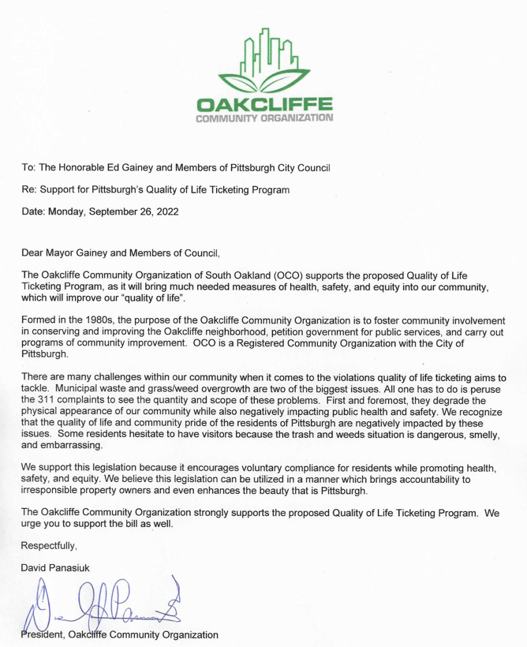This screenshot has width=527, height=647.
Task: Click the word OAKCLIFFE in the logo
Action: (266, 104)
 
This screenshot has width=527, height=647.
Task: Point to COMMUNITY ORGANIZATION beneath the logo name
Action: (266, 118)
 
